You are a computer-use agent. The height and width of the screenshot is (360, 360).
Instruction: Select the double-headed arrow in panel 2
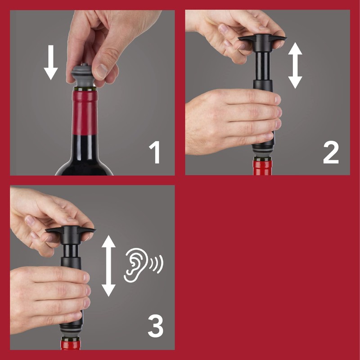[295, 66]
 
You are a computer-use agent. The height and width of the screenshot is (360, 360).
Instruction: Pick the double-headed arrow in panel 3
[108, 265]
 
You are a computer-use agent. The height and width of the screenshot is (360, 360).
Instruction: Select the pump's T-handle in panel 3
[70, 232]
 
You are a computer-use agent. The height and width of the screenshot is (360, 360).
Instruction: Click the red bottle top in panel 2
[262, 167]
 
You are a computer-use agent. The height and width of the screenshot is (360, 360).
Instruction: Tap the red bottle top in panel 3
[71, 345]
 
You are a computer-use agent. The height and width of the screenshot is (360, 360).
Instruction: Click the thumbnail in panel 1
[102, 71]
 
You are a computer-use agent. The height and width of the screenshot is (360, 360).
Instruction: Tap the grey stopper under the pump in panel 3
[71, 333]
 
